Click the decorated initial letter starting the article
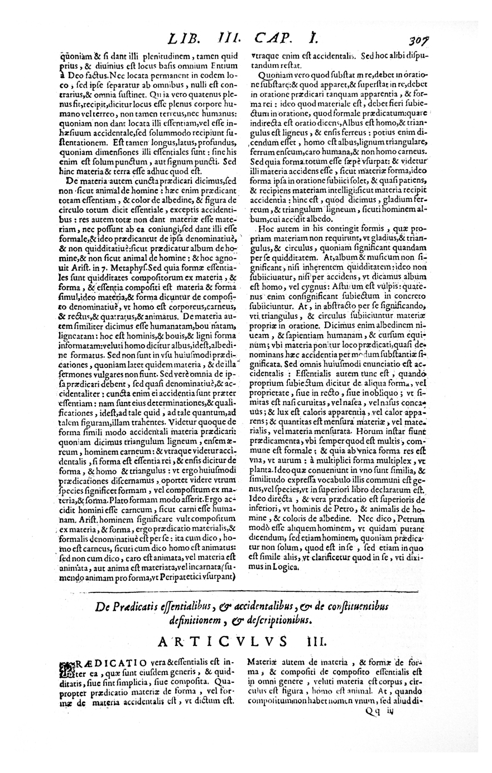pyautogui.click(x=66, y=668)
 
